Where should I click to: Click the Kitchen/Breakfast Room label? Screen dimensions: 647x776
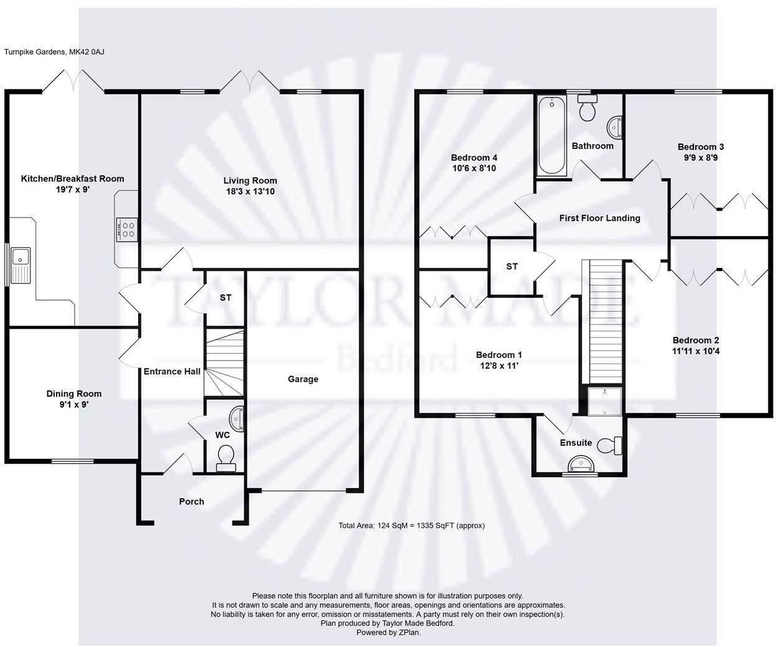point(73,179)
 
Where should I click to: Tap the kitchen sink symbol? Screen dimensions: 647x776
point(20,265)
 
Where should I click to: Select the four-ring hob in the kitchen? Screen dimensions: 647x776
point(127,230)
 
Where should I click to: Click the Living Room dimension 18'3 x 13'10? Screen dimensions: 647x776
point(249,192)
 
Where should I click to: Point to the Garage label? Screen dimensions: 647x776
point(303,379)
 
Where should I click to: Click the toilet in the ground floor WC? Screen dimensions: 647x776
point(224,457)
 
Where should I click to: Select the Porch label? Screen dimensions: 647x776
point(192,502)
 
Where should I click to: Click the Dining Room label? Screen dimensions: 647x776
point(74,393)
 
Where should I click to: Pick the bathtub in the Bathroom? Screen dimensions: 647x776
point(551,135)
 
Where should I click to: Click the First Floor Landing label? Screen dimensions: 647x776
point(599,218)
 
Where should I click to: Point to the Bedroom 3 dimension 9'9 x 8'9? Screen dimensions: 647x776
point(701,158)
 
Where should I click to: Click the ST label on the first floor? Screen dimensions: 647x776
point(512,267)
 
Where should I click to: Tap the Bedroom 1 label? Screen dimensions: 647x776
point(499,355)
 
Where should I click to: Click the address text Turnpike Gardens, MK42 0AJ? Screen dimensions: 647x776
point(55,52)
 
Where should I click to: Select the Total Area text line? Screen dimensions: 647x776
point(411,526)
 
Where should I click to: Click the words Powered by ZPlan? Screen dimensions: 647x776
point(388,633)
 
